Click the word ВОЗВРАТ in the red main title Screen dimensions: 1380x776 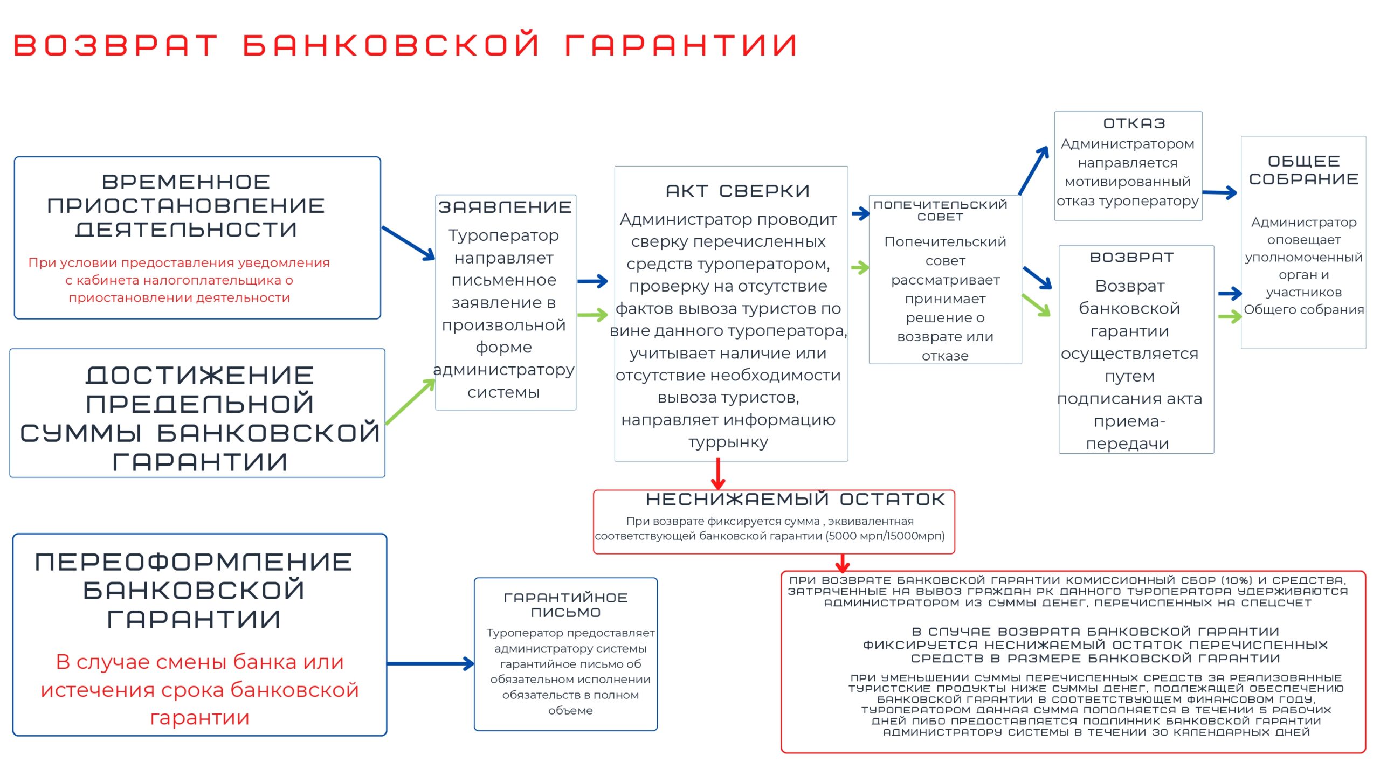pos(115,45)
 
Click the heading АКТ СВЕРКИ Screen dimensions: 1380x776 pos(737,191)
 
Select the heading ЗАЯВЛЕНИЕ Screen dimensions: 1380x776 pos(505,207)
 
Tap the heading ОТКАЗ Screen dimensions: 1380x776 pos(1134,123)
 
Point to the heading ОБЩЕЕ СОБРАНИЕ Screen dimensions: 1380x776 pos(1303,170)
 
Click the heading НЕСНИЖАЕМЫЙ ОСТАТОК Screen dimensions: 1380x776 pos(795,500)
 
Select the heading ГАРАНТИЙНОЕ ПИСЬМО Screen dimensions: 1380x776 pos(565,605)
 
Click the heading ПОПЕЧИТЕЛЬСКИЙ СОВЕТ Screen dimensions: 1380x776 pos(940,211)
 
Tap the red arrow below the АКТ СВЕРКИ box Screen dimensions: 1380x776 pos(718,474)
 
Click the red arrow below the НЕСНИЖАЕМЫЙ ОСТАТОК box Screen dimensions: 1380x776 pos(843,563)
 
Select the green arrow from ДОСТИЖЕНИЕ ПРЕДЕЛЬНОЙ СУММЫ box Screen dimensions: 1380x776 pos(411,401)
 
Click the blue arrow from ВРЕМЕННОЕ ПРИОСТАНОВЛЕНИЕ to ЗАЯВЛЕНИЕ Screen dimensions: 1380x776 pos(408,244)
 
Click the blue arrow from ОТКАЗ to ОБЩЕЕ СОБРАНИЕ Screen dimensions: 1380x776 pos(1219,192)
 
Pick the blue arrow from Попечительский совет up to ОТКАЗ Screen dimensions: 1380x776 pos(1033,170)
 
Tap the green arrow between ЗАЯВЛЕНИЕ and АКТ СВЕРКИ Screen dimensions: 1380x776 pos(592,315)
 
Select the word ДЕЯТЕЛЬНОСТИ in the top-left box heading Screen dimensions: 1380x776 pos(186,230)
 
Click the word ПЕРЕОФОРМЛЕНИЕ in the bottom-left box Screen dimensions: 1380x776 pos(194,563)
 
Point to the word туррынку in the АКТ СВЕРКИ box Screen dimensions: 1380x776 pos(728,442)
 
